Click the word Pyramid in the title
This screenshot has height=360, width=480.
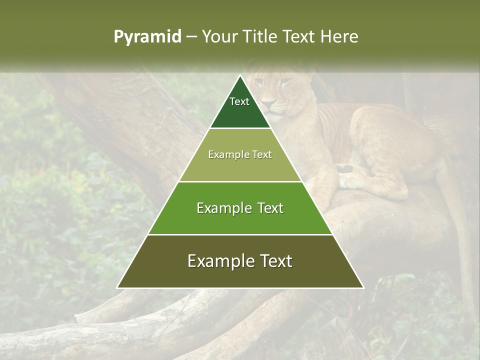[x=147, y=37]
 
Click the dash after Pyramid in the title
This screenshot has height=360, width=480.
[x=191, y=37]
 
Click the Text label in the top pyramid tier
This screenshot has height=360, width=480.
[x=239, y=101]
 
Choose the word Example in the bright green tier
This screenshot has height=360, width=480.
[x=222, y=208]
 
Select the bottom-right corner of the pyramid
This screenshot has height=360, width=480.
[x=363, y=287]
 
